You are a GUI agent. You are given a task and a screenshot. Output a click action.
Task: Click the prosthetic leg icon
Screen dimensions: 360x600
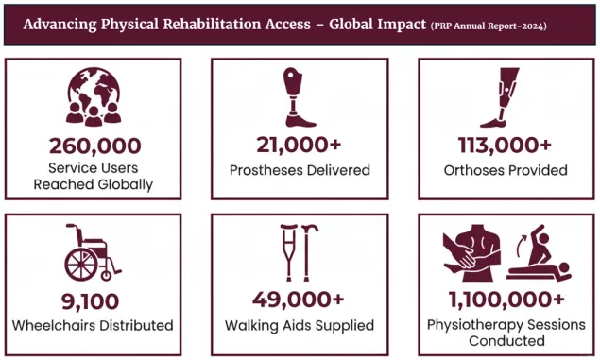click(300, 96)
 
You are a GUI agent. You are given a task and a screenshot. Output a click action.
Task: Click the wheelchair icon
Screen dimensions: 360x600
click(93, 251)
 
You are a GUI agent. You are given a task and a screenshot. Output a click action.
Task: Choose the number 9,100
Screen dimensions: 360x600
click(93, 301)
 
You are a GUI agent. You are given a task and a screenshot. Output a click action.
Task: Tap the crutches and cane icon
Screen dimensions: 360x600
click(299, 251)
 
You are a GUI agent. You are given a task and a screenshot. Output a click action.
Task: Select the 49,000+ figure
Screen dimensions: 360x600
click(299, 301)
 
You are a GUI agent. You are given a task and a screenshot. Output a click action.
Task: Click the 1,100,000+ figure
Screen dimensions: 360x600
click(505, 301)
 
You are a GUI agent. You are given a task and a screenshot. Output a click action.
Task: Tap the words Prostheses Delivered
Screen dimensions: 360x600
click(299, 171)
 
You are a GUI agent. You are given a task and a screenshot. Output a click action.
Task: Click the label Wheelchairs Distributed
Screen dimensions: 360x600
click(93, 326)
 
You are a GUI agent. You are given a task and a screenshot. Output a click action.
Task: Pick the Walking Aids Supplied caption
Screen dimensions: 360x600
click(299, 326)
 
